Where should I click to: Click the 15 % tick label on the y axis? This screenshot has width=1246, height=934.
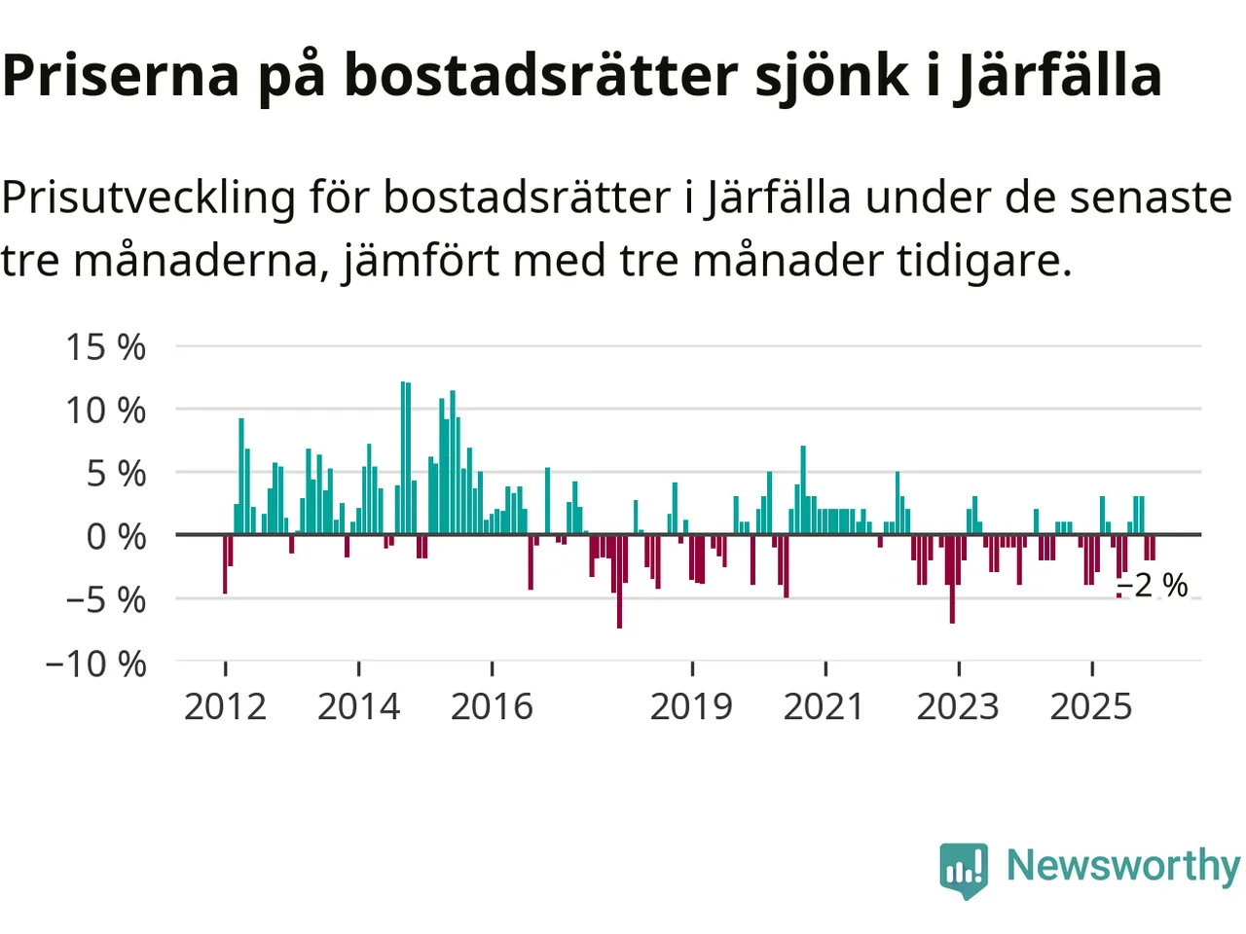tap(105, 347)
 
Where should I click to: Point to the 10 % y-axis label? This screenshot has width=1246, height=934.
tap(105, 411)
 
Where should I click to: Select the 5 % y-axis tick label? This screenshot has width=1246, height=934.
tap(116, 474)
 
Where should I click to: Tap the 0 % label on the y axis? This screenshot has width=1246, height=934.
tap(116, 536)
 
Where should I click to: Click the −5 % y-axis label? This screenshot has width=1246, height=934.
tap(105, 600)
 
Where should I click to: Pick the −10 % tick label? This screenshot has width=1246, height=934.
tap(95, 665)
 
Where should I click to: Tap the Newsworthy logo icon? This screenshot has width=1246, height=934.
tap(964, 868)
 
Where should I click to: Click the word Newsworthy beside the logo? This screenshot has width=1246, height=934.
tap(1123, 865)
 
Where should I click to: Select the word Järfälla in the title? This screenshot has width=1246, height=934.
tap(1058, 76)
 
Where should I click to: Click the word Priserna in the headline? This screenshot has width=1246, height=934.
tap(121, 76)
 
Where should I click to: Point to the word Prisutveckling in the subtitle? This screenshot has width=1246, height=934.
tap(148, 198)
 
